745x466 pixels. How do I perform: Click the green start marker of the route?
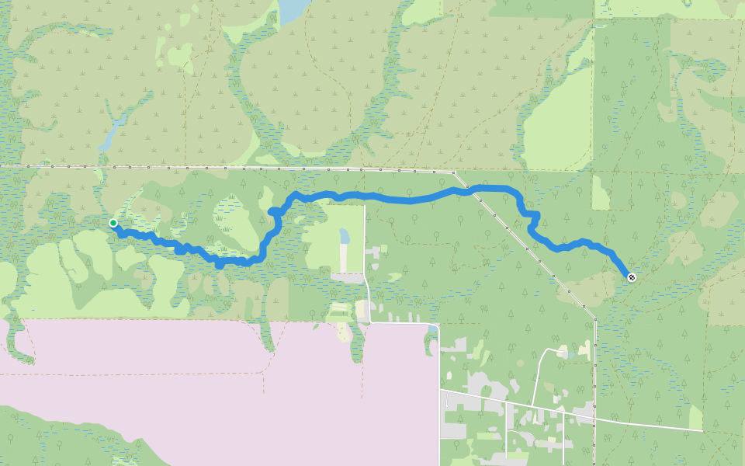(x=113, y=223)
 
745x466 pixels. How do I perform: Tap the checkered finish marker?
(x=632, y=277)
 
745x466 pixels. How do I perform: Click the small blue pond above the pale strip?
(x=345, y=235)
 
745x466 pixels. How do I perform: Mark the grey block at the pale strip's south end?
(x=348, y=277)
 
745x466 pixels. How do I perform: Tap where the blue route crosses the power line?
(x=468, y=188)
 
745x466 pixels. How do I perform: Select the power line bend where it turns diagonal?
(x=455, y=172)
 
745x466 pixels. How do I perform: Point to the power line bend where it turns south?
(x=595, y=318)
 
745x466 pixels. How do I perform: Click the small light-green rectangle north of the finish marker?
(x=601, y=193)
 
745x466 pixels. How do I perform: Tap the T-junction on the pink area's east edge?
(x=440, y=391)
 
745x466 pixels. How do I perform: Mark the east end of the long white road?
(x=702, y=430)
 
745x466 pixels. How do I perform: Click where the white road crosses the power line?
(x=595, y=417)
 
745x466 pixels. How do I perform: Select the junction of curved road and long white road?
(x=535, y=406)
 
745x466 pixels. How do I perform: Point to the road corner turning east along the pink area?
(x=371, y=322)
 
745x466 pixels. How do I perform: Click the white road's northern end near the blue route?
(x=365, y=206)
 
